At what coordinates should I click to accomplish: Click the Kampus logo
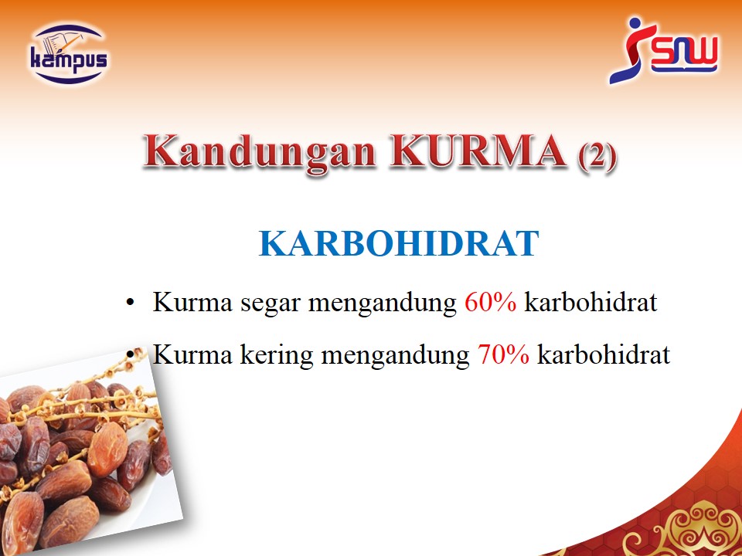tap(69, 54)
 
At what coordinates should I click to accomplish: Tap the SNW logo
tap(663, 50)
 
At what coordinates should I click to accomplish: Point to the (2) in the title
tap(597, 155)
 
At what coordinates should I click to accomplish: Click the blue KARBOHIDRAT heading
tap(399, 243)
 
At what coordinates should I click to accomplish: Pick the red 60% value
tap(490, 302)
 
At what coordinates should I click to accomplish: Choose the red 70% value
tap(503, 354)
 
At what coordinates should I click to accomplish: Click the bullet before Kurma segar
tap(131, 303)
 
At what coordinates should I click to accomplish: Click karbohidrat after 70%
tap(604, 354)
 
